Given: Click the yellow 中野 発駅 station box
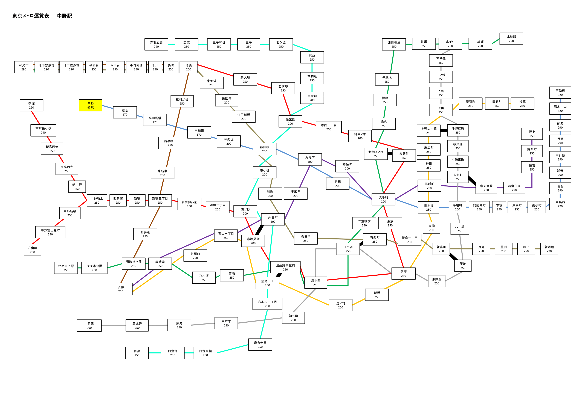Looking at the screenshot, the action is point(90,105).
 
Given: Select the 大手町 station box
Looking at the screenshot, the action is point(383,199).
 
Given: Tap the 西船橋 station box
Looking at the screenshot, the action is point(560,93).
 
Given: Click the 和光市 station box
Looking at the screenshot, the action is point(24,67).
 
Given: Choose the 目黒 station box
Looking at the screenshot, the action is point(137,353).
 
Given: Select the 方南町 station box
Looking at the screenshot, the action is point(32,250).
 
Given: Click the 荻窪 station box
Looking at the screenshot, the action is point(31,105).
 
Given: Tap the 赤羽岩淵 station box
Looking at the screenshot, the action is point(156,44).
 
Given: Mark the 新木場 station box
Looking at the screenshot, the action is point(549,249).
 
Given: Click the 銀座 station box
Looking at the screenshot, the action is point(404,274).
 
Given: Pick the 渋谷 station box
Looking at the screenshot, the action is point(121,289).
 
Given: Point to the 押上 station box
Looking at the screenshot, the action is point(532,134).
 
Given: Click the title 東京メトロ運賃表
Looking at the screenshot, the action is point(31,16).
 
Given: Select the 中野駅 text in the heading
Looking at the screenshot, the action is point(65,16).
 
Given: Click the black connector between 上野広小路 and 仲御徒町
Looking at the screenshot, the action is point(444,130).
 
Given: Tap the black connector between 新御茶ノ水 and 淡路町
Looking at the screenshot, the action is point(390,154).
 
